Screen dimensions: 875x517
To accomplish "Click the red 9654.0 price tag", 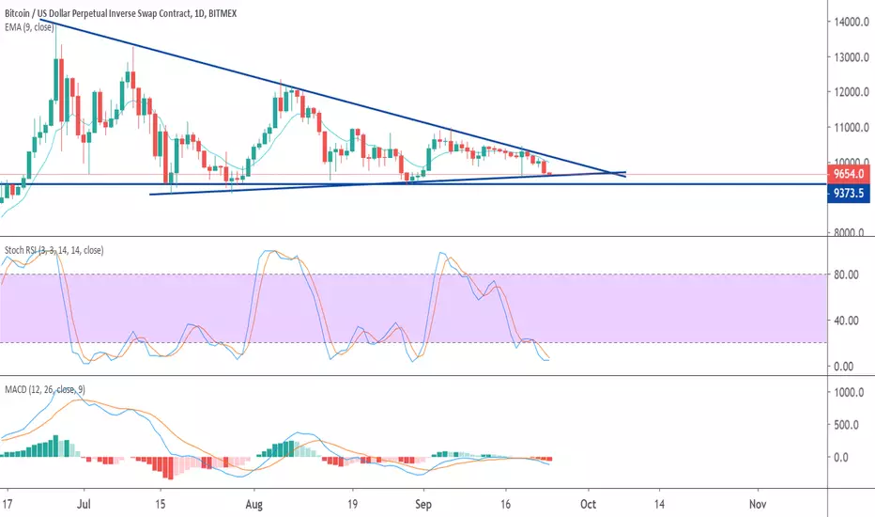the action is pos(848,174).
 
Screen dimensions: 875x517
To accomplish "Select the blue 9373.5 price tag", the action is pos(848,194).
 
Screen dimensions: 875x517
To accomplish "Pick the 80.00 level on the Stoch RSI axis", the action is pos(846,274).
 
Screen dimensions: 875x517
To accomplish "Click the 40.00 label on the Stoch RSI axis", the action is pos(846,321).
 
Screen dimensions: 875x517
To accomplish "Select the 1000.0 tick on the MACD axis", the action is pos(849,392).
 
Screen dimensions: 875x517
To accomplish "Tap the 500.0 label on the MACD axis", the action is pos(846,425).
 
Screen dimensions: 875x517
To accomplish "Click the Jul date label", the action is pos(84,504).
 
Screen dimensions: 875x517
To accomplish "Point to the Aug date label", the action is pos(253,504).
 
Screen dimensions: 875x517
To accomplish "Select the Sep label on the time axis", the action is pos(423,504).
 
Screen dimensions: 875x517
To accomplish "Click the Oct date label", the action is pos(588,504).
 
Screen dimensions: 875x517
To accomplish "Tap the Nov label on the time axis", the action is pos(758,504).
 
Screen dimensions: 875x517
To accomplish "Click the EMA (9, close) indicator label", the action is pos(29,27).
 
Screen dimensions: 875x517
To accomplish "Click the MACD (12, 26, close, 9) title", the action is pos(45,389).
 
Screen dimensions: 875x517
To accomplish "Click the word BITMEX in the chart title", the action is pos(223,13).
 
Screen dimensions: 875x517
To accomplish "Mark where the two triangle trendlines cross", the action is pos(613,173).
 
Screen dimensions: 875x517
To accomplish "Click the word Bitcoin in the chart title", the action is pos(16,13).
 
